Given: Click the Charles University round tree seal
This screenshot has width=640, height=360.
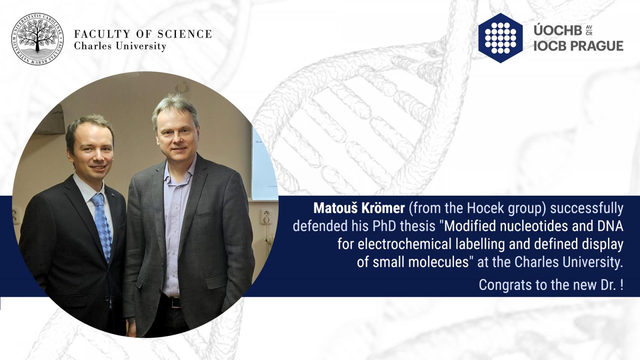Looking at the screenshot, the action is (x=38, y=39).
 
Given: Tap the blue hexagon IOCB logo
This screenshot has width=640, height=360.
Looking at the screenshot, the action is (x=500, y=38).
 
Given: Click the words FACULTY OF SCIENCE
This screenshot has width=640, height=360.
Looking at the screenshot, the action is (x=143, y=34).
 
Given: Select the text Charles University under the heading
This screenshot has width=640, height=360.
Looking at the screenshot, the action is (x=120, y=46).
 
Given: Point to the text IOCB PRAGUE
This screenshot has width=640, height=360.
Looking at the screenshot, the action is (x=578, y=46).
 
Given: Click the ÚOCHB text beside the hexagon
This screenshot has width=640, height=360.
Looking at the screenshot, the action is (x=558, y=30).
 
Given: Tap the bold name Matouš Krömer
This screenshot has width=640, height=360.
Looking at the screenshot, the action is (x=359, y=208).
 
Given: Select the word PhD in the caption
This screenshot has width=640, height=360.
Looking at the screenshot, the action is (x=384, y=226).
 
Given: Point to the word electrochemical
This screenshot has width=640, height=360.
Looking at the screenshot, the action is (x=404, y=244).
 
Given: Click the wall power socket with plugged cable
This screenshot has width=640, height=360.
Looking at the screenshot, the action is (x=266, y=216).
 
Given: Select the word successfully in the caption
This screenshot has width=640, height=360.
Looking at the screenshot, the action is (x=587, y=208).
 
